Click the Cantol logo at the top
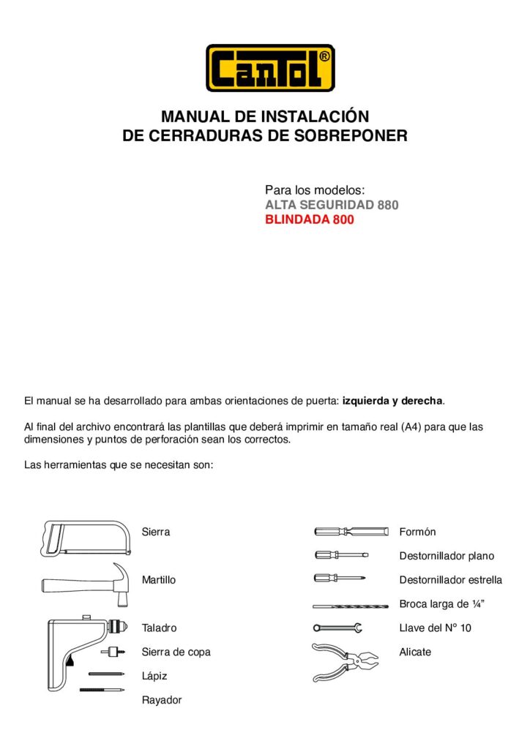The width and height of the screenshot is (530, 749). coord(270,68)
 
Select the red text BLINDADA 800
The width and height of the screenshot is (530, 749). coord(309,219)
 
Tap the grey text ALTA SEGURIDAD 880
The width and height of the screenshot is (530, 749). coord(332,205)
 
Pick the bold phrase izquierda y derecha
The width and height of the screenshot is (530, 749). coord(392,402)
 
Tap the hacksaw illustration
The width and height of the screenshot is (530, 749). coord(86,538)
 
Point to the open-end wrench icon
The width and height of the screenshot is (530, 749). coord(337,628)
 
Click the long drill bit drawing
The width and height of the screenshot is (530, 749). coord(350,606)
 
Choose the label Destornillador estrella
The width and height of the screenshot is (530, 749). coord(450,580)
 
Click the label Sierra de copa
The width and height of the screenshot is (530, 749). coord(176,652)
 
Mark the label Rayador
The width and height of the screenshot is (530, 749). coord(161,700)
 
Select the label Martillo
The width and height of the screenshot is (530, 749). coord(158,580)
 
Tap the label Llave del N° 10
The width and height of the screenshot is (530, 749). coord(435,628)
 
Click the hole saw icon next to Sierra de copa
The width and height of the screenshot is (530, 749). coord(111,650)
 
